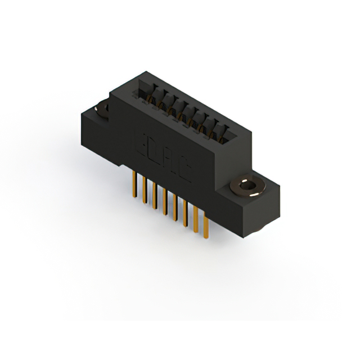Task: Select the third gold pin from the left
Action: [x=154, y=194]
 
